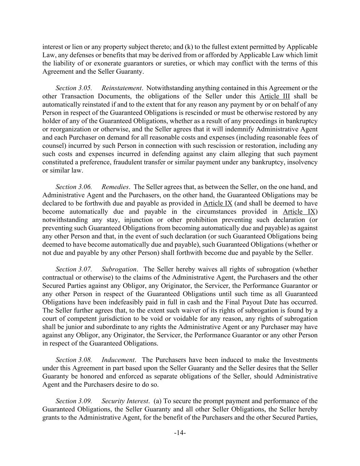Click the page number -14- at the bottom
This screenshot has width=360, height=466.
[180, 433]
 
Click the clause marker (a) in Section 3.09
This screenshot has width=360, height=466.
[158, 401]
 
